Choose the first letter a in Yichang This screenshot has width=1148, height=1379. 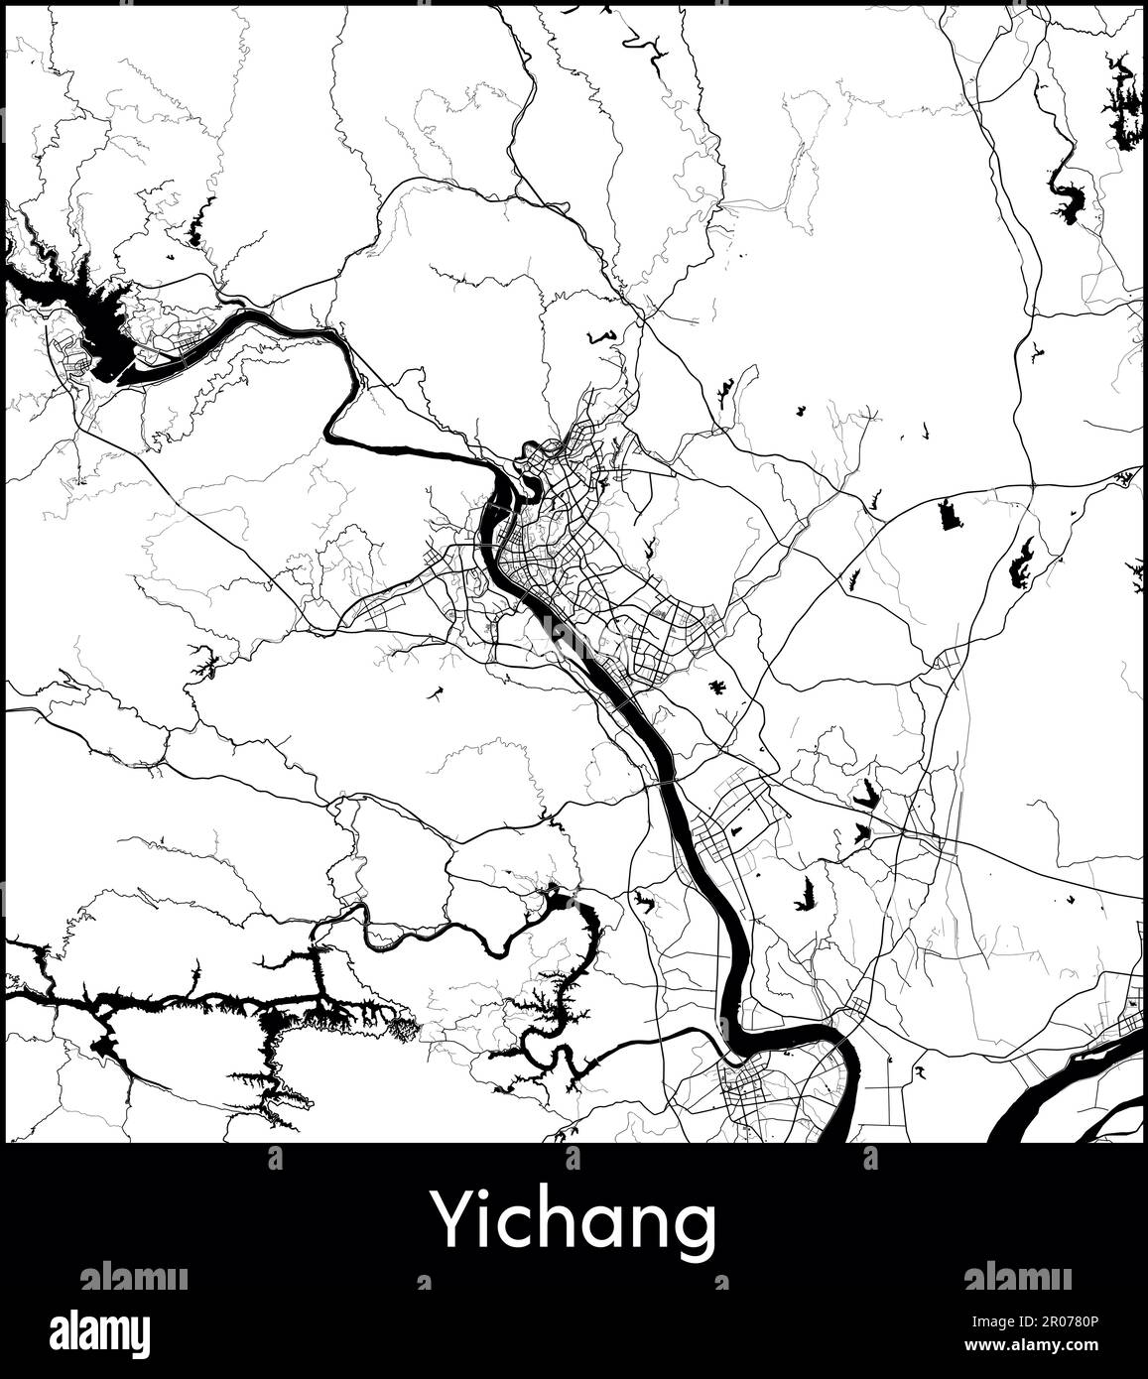click(607, 1226)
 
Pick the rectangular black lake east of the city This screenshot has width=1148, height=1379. click(950, 514)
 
